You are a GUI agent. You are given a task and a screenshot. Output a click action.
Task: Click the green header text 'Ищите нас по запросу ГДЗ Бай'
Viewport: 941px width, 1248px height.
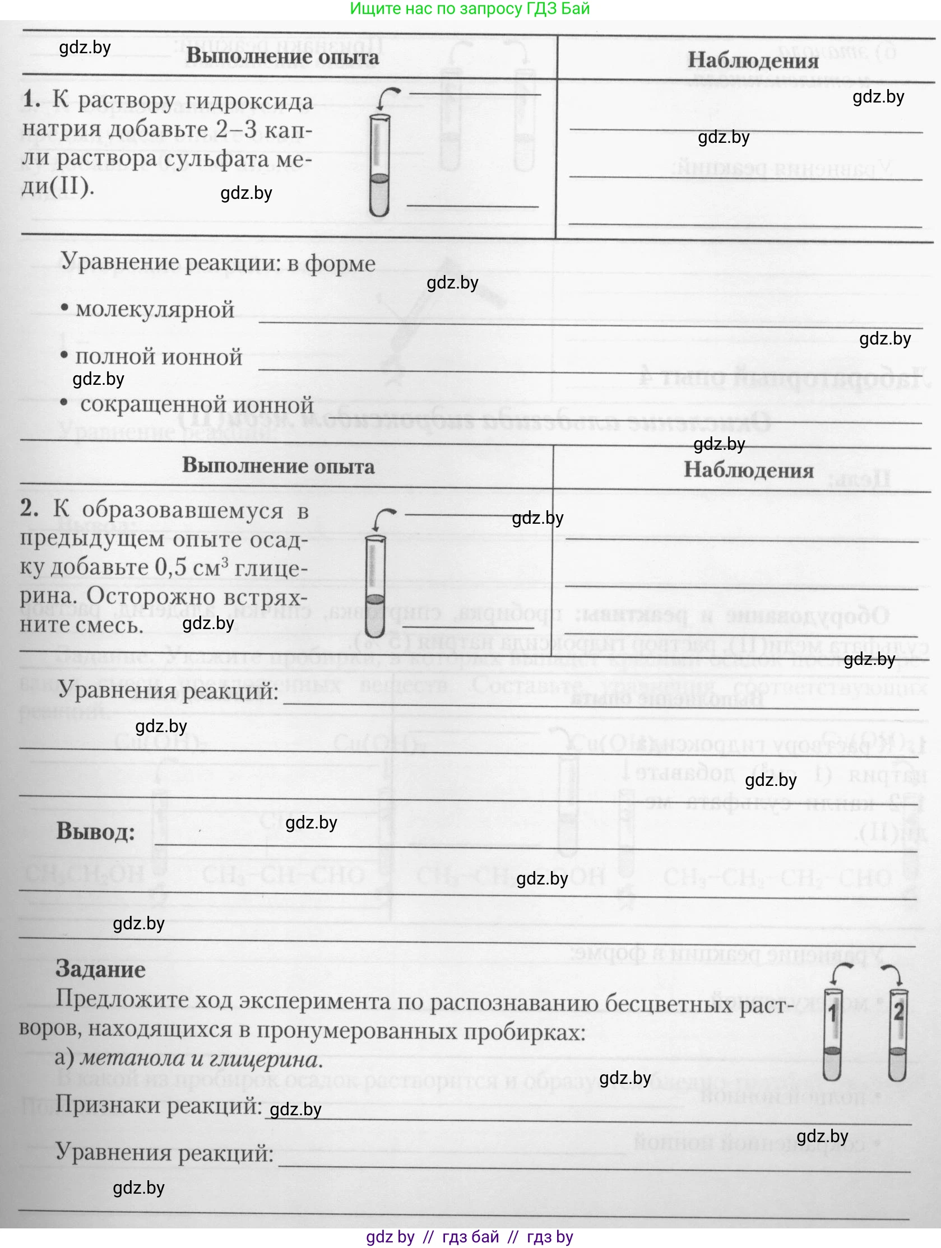coord(470,9)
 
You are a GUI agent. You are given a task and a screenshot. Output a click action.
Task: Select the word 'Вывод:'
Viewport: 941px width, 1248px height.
coord(95,832)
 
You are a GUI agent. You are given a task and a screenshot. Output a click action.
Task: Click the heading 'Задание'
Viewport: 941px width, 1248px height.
coord(100,969)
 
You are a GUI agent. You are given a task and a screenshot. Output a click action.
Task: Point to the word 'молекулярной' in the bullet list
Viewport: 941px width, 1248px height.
coord(155,310)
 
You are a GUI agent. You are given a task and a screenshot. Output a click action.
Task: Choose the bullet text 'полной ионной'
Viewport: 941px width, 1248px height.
coord(159,357)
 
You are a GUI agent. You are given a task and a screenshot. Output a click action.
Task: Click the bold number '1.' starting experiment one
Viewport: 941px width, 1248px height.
coord(31,100)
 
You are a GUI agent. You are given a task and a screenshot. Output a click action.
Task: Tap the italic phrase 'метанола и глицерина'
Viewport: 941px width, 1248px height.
coord(201,1059)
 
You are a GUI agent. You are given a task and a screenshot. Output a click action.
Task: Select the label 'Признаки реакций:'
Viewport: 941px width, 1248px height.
coord(159,1105)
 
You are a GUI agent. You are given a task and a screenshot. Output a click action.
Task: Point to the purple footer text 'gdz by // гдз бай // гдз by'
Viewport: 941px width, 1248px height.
coord(470,1237)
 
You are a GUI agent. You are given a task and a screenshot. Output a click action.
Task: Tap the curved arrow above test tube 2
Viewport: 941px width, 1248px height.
coord(893,972)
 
